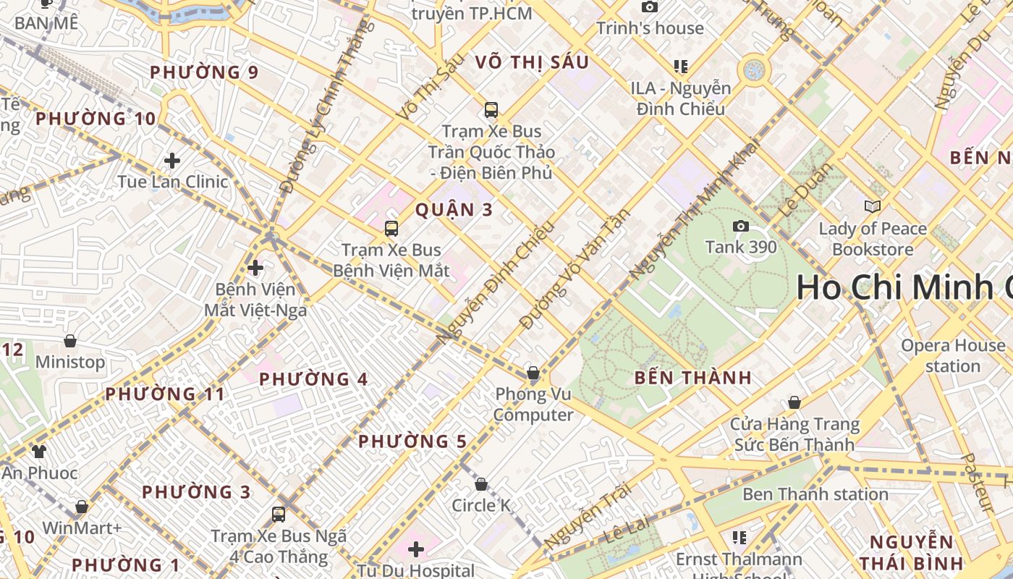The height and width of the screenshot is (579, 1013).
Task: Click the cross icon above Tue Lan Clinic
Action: coord(172,160)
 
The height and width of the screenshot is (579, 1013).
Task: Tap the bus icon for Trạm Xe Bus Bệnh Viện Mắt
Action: coord(391,229)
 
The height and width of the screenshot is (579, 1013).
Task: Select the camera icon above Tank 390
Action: coord(740,227)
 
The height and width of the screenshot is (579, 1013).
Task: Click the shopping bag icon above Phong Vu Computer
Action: coord(533,373)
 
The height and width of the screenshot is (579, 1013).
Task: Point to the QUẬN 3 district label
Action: coord(454,210)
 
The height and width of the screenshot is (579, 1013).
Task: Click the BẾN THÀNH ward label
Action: coord(692,378)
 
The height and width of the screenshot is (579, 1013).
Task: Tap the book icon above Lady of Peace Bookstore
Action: coord(873,207)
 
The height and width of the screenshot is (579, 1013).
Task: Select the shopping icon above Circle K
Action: coord(481,484)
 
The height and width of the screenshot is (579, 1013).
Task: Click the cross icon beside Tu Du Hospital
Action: coord(416,549)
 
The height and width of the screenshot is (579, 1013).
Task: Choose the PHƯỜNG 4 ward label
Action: coord(313,379)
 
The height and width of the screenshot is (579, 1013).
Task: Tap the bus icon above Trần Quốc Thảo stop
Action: coord(491,110)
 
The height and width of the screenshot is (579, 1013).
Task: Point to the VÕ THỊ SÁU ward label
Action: coord(532,62)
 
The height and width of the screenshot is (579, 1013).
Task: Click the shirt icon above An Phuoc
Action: coord(38,452)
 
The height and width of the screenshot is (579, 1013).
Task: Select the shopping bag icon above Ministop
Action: coord(70,340)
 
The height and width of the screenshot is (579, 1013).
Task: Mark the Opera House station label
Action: coord(952,355)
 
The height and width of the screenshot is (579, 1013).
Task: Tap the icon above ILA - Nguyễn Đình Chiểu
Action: coord(680,67)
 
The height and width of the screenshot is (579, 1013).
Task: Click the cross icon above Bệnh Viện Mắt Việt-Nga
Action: coord(255,268)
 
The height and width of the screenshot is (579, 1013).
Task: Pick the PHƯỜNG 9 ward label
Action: coord(204,72)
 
